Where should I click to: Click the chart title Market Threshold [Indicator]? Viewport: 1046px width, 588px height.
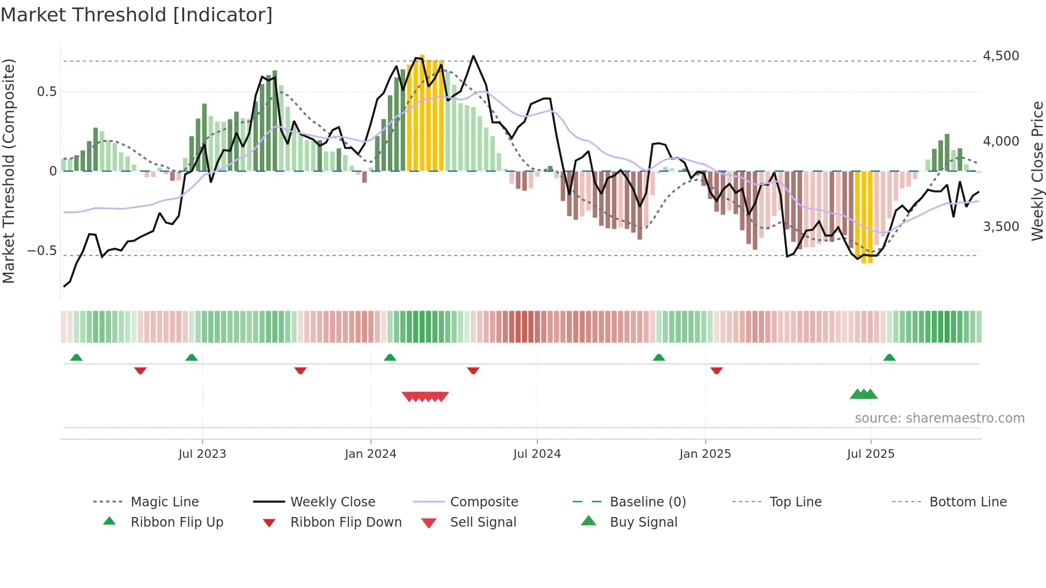click(137, 15)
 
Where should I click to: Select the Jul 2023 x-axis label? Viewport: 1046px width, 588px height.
click(202, 454)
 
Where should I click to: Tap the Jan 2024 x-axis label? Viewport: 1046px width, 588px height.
click(370, 454)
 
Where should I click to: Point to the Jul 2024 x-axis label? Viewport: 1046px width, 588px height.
click(537, 454)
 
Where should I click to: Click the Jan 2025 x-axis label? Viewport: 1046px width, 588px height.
click(705, 454)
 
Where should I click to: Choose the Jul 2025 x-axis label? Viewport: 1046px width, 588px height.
click(870, 454)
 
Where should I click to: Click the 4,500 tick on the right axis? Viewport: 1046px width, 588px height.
click(1001, 56)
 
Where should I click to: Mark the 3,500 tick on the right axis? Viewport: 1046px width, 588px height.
click(1001, 227)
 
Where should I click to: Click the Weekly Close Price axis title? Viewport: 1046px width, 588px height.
click(1037, 171)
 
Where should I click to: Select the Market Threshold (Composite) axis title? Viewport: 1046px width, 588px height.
click(9, 171)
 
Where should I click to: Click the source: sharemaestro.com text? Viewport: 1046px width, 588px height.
click(939, 418)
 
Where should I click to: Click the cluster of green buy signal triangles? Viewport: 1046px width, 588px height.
click(863, 394)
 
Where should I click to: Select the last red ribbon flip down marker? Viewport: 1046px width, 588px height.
click(716, 370)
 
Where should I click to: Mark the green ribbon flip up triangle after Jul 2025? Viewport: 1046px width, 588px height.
click(889, 357)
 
